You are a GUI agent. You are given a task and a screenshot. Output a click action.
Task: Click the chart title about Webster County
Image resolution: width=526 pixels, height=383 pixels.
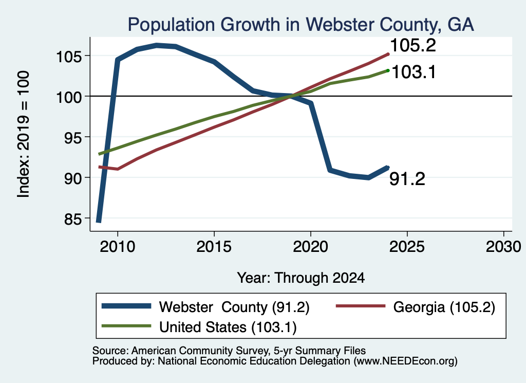pyautogui.click(x=300, y=25)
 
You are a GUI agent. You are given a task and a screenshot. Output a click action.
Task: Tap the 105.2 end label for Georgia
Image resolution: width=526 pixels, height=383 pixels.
pyautogui.click(x=413, y=45)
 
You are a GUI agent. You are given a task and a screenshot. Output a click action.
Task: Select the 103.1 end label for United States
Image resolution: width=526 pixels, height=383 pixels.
pyautogui.click(x=414, y=72)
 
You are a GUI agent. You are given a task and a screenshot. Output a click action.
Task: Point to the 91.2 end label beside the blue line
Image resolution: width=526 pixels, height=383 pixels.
pyautogui.click(x=407, y=178)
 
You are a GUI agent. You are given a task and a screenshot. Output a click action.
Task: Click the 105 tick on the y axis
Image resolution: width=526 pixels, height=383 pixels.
pyautogui.click(x=69, y=56)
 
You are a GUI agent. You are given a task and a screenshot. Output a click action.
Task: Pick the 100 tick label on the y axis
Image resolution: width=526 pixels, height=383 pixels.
pyautogui.click(x=69, y=97)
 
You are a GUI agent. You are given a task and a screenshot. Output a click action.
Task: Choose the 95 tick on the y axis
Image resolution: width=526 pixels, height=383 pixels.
pyautogui.click(x=73, y=137)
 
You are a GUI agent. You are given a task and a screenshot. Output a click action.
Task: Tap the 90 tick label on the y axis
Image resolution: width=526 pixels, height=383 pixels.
pyautogui.click(x=73, y=177)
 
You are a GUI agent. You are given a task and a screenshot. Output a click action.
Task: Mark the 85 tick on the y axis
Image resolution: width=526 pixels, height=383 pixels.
pyautogui.click(x=73, y=218)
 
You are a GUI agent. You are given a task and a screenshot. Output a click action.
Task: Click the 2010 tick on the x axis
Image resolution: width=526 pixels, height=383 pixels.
pyautogui.click(x=118, y=247)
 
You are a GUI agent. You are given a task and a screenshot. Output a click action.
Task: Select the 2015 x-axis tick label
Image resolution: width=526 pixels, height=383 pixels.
pyautogui.click(x=214, y=247)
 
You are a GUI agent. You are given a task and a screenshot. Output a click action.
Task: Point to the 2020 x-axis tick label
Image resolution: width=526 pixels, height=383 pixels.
pyautogui.click(x=311, y=247)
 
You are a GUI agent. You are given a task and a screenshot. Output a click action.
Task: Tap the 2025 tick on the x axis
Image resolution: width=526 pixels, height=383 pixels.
pyautogui.click(x=407, y=247)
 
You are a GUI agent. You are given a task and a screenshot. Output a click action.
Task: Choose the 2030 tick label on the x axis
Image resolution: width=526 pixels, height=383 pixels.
pyautogui.click(x=503, y=247)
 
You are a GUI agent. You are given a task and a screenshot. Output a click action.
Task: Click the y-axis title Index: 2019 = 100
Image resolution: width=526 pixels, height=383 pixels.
pyautogui.click(x=23, y=134)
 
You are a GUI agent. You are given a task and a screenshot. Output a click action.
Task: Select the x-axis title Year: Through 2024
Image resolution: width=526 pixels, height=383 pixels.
pyautogui.click(x=301, y=278)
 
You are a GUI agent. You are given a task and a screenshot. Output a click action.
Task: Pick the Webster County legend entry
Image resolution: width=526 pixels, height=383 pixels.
pyautogui.click(x=205, y=307)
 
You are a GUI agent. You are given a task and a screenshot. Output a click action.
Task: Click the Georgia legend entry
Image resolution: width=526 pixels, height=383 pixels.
pyautogui.click(x=415, y=307)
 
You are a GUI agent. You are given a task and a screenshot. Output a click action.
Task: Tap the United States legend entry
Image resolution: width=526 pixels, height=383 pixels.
pyautogui.click(x=199, y=327)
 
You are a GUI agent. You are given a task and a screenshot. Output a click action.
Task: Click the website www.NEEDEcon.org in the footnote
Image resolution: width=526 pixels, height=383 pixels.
pyautogui.click(x=405, y=361)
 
